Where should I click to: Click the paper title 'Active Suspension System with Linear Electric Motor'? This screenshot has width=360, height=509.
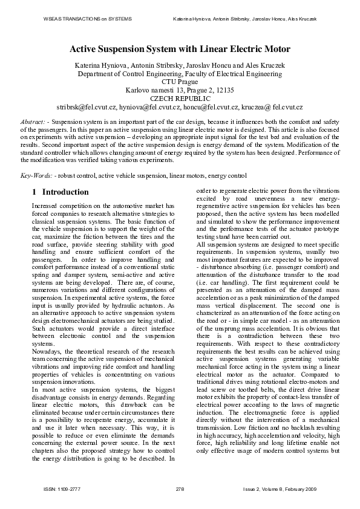180,49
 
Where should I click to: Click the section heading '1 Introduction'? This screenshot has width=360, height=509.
60,192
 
